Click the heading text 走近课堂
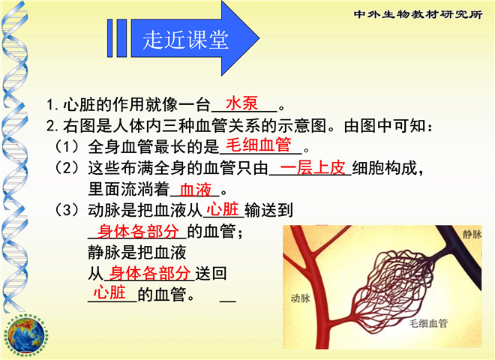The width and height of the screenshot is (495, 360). [185, 40]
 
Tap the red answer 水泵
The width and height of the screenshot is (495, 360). [241, 103]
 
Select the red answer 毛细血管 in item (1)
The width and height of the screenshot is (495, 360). [259, 145]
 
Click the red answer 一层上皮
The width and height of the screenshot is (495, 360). [313, 168]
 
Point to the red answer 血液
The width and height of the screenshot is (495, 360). [196, 190]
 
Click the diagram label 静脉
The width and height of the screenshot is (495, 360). [472, 234]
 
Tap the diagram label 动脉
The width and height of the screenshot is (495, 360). [301, 298]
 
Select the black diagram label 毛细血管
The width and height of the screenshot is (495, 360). [428, 323]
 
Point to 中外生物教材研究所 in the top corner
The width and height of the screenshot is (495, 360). [418, 14]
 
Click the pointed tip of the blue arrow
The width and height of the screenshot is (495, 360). [259, 38]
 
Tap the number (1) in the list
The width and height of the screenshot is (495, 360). [67, 147]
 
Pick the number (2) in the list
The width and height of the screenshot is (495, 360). [67, 168]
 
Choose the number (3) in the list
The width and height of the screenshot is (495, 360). [67, 210]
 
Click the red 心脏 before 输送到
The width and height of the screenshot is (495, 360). [223, 209]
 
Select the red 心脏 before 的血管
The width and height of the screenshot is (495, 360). [109, 292]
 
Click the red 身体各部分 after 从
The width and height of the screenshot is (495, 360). [150, 273]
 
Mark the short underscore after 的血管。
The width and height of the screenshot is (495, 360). [227, 301]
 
